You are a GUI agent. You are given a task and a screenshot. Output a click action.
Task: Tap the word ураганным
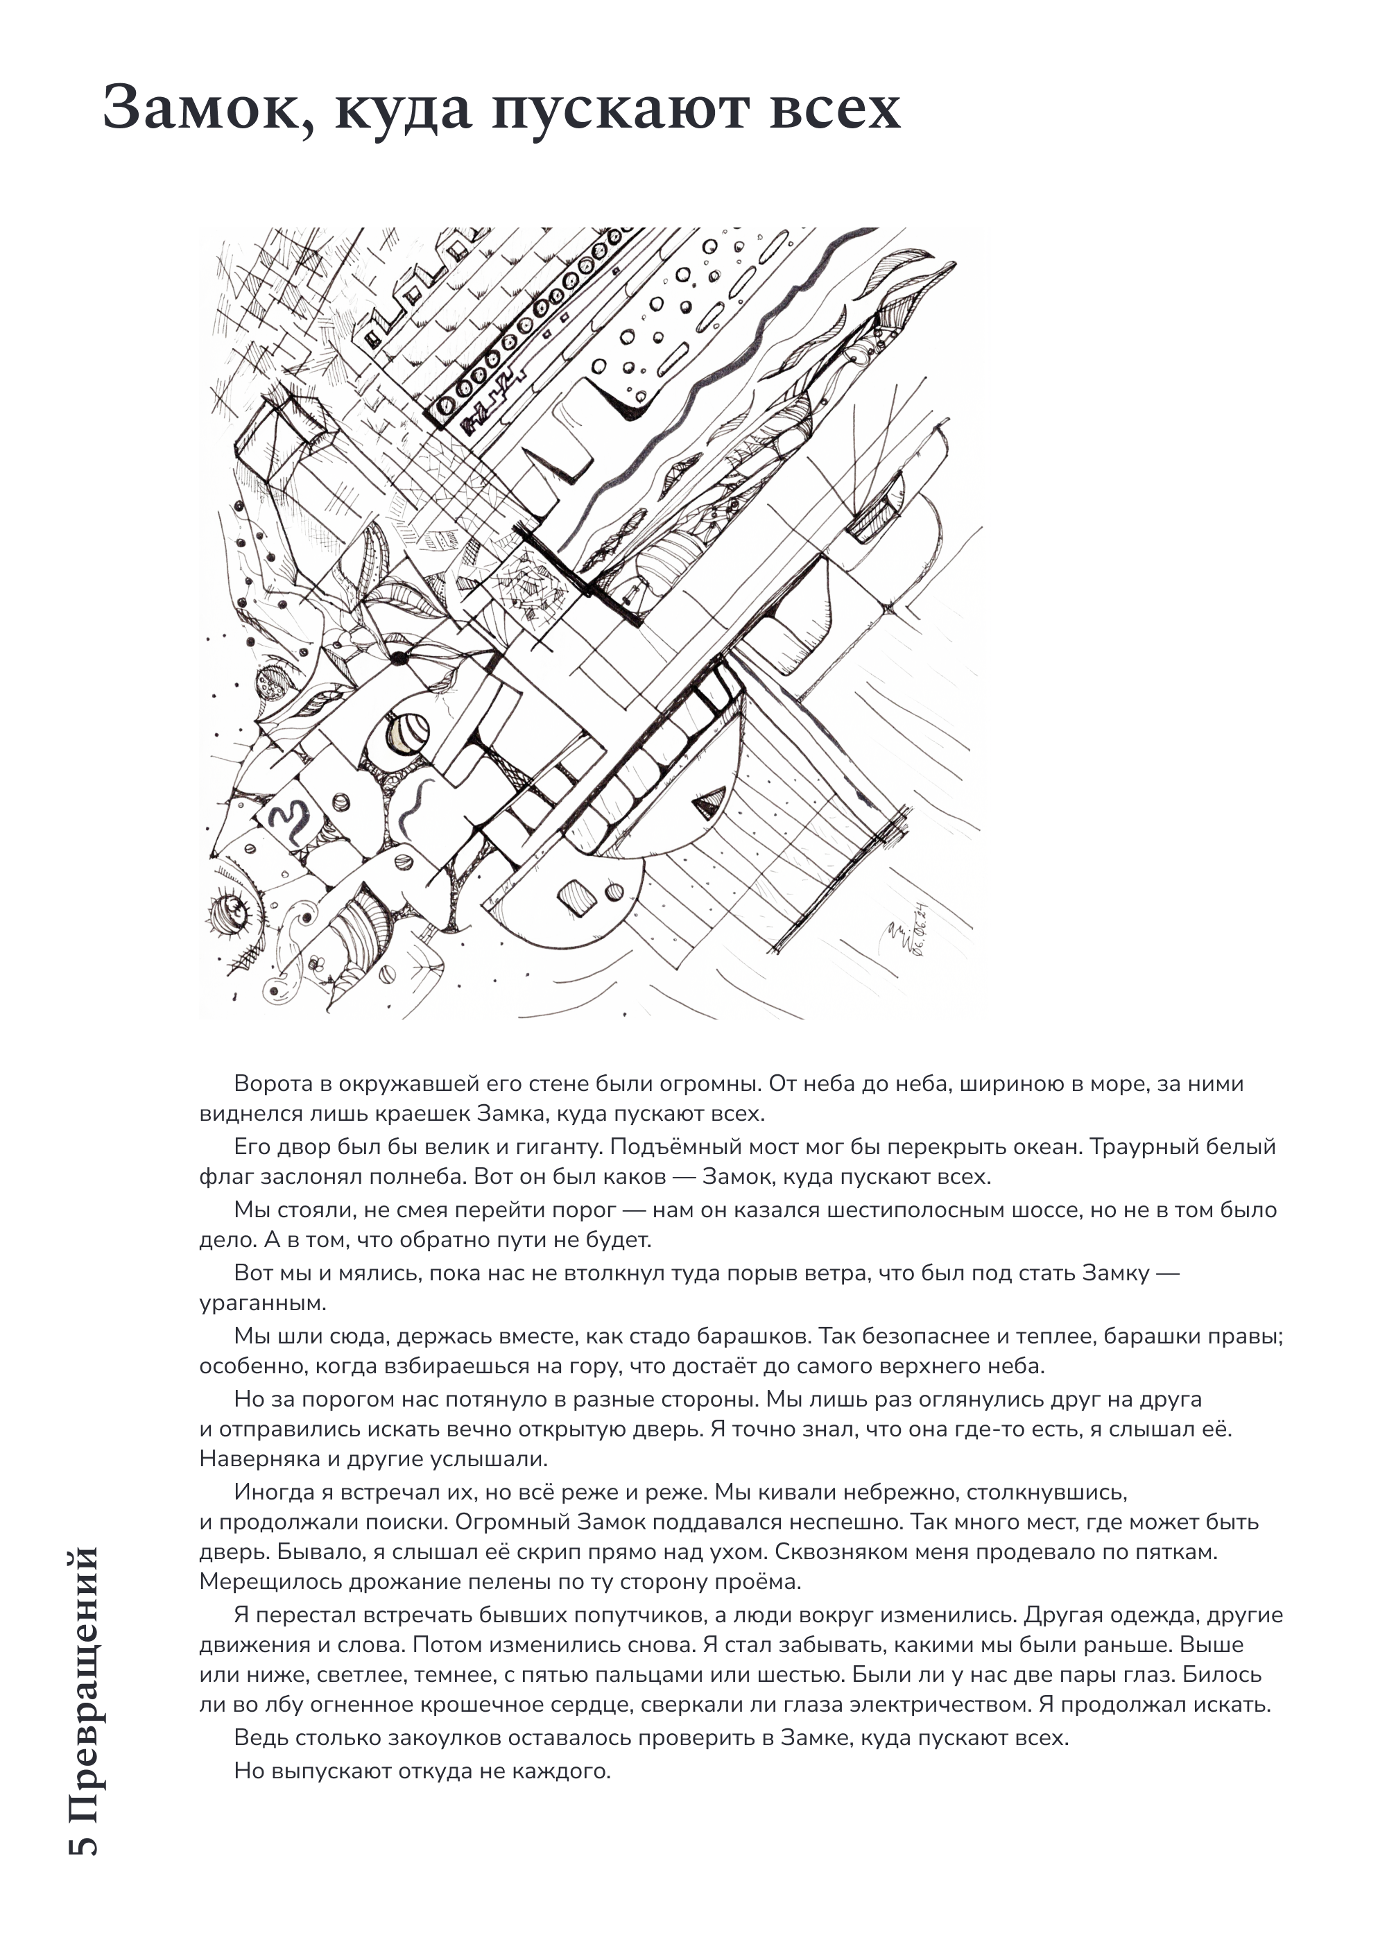click(x=262, y=1304)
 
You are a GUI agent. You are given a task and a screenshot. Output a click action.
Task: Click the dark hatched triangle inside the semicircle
click(x=708, y=802)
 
